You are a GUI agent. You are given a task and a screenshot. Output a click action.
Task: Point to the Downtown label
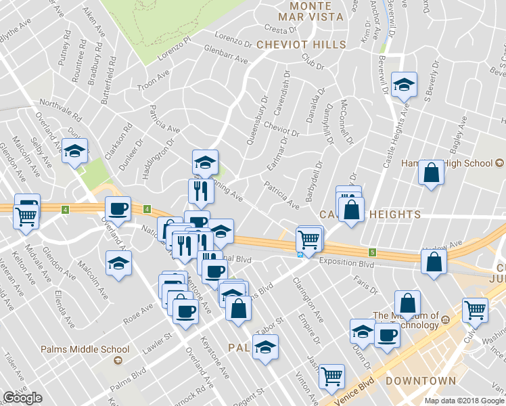click(420, 381)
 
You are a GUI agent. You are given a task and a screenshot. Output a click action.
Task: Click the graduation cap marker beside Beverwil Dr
click(404, 85)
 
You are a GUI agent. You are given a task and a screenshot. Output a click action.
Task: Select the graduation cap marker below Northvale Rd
click(74, 151)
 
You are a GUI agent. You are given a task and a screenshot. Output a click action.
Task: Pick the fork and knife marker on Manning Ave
click(201, 191)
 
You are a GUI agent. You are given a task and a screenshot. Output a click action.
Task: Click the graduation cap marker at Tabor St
click(265, 347)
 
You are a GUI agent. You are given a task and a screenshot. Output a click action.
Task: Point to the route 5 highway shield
click(372, 252)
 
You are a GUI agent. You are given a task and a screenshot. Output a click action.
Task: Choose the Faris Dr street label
click(365, 284)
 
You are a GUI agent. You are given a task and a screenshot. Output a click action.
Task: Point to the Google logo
click(22, 397)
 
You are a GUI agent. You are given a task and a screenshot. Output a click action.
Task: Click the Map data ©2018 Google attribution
click(463, 401)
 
